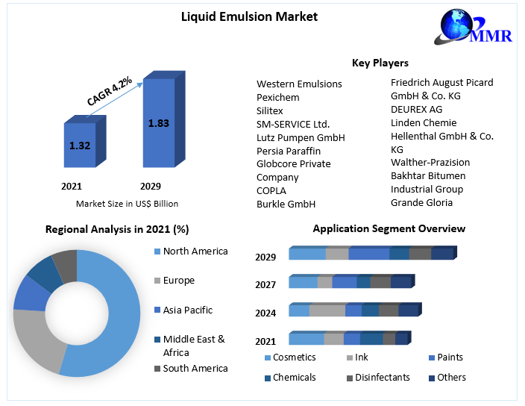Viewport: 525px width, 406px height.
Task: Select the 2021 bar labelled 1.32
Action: (79, 146)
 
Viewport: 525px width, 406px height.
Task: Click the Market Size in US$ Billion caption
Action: (127, 203)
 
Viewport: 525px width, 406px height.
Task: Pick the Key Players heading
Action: (380, 63)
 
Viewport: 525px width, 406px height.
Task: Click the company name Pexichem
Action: (278, 97)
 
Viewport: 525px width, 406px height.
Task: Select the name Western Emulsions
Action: (299, 84)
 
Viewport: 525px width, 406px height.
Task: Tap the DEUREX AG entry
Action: (416, 109)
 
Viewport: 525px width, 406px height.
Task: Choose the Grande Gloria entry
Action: (421, 202)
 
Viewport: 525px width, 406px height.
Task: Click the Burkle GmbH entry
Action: (286, 204)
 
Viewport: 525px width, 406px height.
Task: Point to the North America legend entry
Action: (195, 251)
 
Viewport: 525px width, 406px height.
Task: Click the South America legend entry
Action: (195, 368)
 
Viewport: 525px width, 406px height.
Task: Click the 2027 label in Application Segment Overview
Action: (265, 284)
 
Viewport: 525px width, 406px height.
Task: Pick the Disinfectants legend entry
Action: (382, 378)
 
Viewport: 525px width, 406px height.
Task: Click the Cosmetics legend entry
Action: (295, 357)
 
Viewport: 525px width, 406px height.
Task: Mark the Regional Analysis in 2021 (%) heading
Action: (117, 229)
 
